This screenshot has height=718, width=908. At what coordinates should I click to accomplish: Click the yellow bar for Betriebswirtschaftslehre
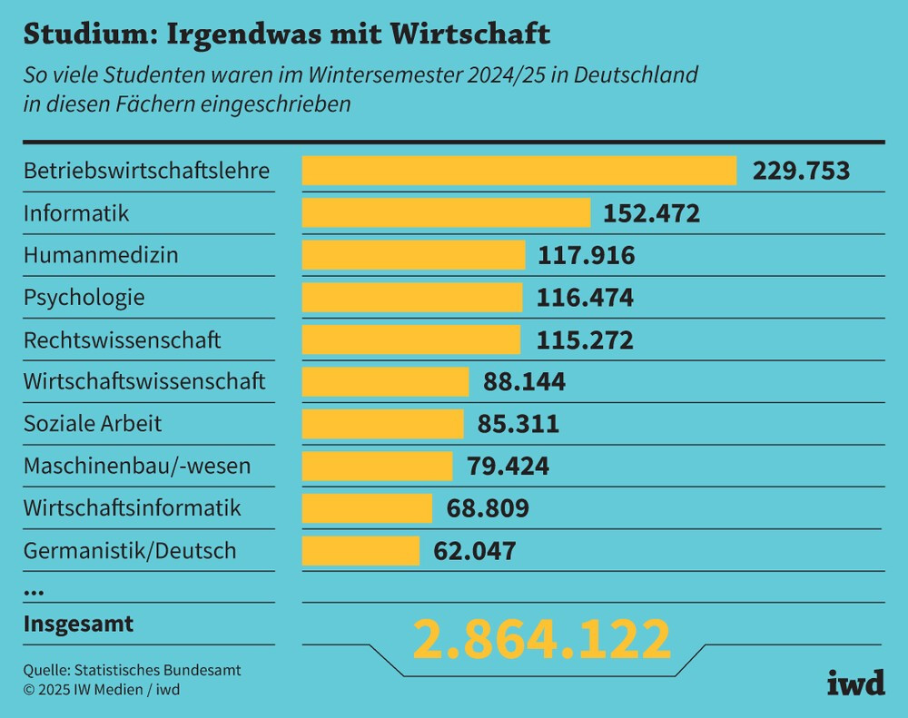pos(518,171)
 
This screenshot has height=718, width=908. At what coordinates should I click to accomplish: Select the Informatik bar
pos(446,213)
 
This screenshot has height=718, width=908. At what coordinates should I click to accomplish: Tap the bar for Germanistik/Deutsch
pos(360,550)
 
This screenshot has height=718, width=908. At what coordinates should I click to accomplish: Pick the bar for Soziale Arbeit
pos(382,424)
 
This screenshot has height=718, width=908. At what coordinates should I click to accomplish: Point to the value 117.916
pos(587,256)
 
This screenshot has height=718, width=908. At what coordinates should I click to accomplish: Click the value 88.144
pos(524,382)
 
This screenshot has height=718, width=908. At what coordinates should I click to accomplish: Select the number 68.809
pos(488,508)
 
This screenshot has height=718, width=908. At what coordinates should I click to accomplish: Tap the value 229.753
pos(801,171)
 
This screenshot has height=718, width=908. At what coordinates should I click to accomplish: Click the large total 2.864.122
pos(542,639)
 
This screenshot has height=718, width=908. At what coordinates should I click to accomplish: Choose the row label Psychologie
pos(84,298)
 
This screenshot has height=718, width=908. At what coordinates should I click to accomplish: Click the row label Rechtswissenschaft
pos(122,340)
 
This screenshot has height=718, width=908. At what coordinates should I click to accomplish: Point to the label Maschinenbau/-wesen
pos(137,467)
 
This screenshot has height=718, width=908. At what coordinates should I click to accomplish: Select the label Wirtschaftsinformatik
pos(133,508)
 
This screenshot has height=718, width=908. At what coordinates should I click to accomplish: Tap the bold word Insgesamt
pos(78,625)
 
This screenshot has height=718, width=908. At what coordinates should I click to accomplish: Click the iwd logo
pos(855,684)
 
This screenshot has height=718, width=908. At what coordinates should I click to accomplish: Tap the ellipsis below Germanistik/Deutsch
pos(34,592)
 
